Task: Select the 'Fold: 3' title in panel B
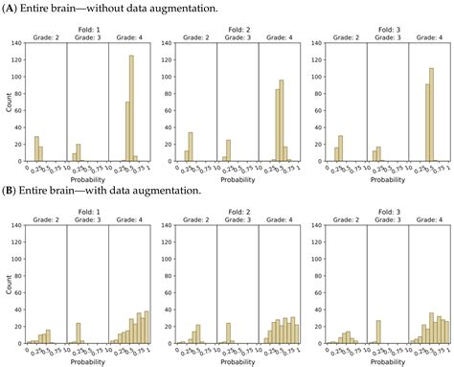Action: click(x=380, y=209)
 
